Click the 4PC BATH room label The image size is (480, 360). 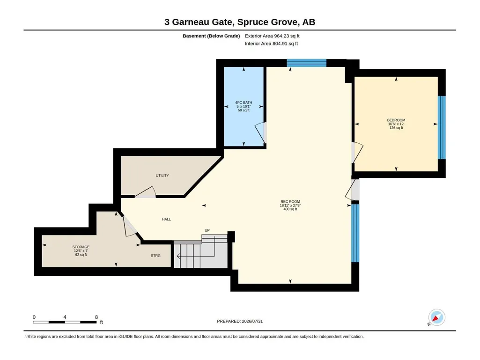coord(244,103)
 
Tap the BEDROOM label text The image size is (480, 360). coord(396,120)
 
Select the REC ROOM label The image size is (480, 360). coord(290,202)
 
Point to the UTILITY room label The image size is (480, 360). coord(162,176)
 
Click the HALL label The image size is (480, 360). coord(167,219)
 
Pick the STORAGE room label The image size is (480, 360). coord(81,247)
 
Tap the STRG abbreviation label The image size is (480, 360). coord(155,256)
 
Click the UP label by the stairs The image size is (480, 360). coord(207,230)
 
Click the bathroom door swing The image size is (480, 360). coord(260,133)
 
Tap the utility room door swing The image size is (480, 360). coord(146,192)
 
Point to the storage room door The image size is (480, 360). coord(130,226)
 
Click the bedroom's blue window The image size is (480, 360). coord(442,128)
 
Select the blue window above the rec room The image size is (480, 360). coord(306,63)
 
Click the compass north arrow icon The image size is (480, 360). coord(436,317)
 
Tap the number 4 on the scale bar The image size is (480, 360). coord(65,317)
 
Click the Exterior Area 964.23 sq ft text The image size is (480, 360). coord(272,36)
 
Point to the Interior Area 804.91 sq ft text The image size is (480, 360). coord(271,44)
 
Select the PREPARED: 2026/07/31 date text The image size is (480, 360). coord(240,322)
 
